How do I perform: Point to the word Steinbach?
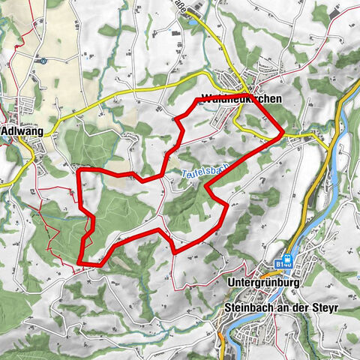[248, 308]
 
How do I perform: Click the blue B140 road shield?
[284, 265]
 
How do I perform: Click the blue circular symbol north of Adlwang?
[43, 61]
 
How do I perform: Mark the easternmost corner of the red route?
[283, 133]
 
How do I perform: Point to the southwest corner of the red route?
[78, 262]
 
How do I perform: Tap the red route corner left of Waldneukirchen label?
[196, 98]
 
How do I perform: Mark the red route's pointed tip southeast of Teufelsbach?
[229, 205]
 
